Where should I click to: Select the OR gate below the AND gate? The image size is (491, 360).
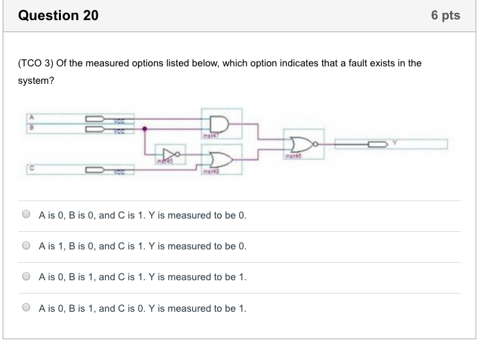(x=220, y=160)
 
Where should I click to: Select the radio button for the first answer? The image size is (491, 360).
(x=26, y=215)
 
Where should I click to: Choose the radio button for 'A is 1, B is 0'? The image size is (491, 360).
(x=26, y=246)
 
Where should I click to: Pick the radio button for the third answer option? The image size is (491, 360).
(x=26, y=276)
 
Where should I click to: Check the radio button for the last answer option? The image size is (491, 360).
(x=26, y=308)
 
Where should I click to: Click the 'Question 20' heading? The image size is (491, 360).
(x=58, y=15)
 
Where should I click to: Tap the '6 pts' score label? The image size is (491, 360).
(x=446, y=15)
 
